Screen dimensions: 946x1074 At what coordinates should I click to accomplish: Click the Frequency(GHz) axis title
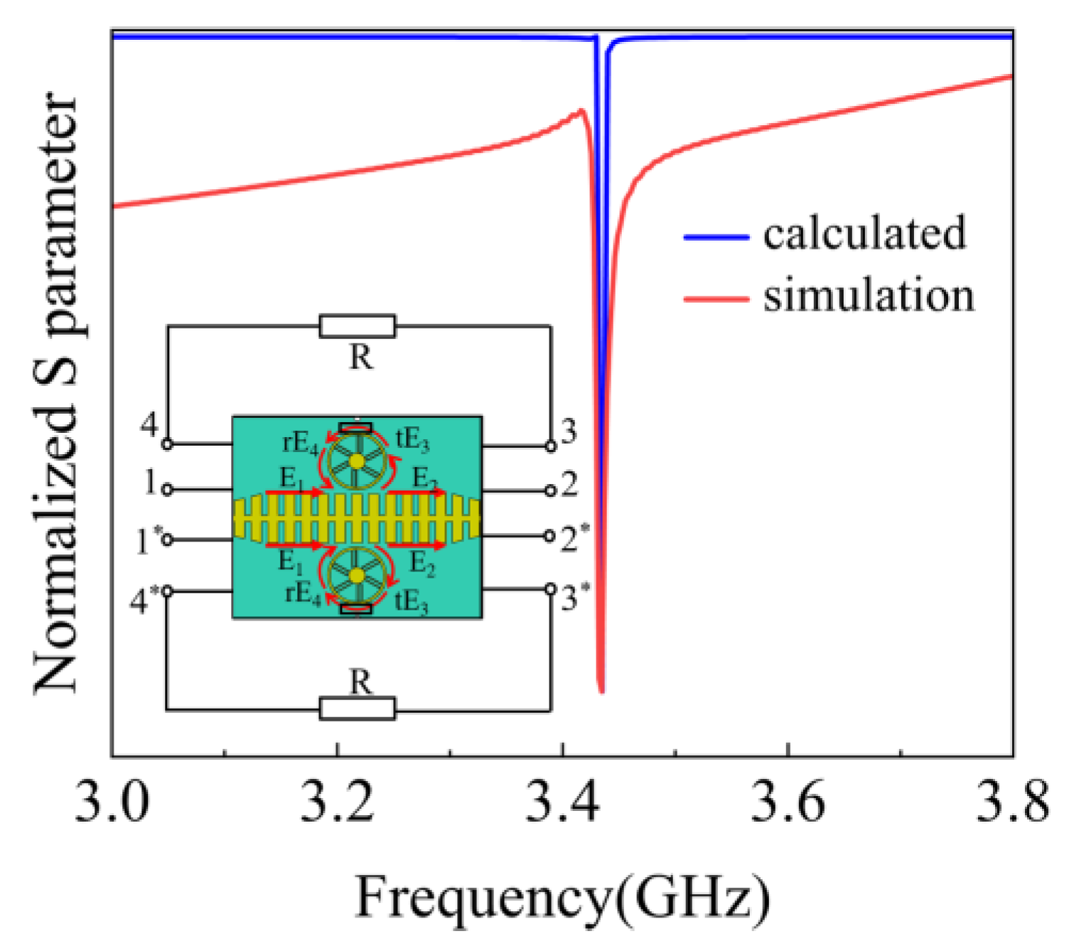562,898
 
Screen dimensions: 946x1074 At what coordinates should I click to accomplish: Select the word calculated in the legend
864,233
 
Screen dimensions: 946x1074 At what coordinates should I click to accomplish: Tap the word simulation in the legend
869,296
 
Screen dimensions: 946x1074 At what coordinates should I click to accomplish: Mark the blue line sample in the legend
716,237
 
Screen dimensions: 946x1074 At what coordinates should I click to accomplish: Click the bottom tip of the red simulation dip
602,690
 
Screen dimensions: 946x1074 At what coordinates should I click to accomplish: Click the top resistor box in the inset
358,326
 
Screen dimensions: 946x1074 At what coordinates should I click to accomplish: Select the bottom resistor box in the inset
358,709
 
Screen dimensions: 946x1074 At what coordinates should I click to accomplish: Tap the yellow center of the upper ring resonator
358,461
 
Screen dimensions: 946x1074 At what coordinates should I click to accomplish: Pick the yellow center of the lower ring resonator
358,574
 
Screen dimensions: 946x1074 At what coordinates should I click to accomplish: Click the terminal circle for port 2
550,490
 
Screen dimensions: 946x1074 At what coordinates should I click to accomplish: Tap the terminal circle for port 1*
167,539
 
